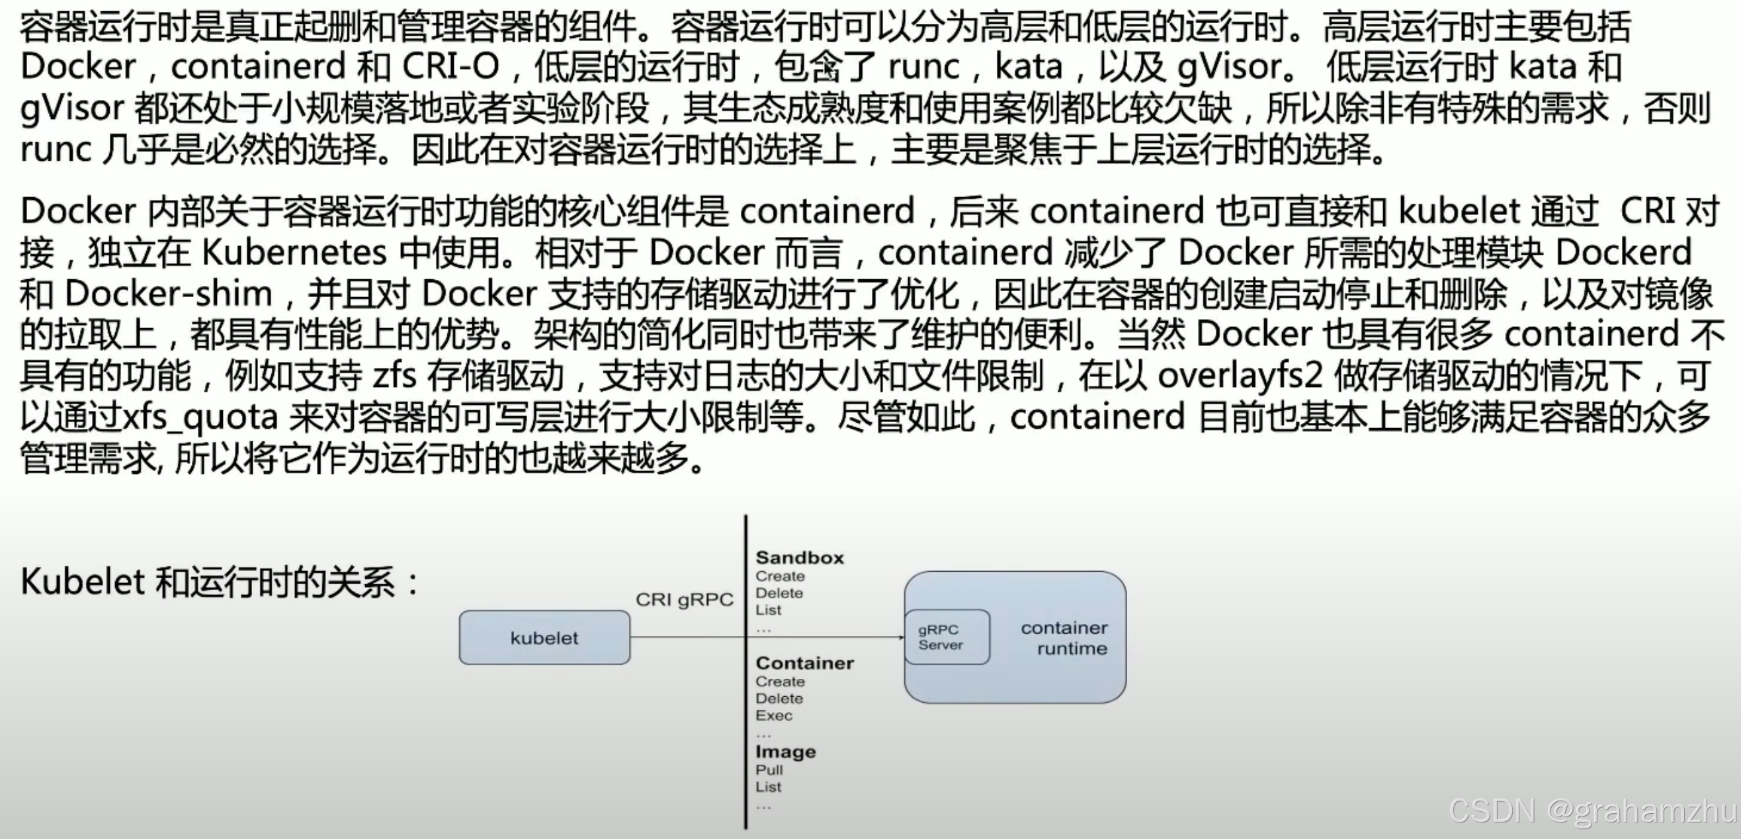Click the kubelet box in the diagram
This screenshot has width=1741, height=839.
[x=544, y=638]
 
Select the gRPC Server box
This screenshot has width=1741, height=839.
[x=946, y=637]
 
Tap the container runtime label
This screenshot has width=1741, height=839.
[x=1065, y=639]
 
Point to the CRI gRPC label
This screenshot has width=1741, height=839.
[x=684, y=599]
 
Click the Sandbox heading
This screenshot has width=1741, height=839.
[x=800, y=558]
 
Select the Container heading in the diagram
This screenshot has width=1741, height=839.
[x=804, y=663]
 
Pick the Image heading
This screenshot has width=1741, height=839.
[x=785, y=752]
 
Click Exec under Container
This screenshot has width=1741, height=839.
[x=774, y=715]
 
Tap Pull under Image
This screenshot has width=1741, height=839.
[x=769, y=770]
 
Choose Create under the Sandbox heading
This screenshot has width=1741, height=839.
[x=780, y=576]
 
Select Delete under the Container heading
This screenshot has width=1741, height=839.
[x=779, y=698]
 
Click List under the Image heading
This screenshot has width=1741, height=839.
[x=769, y=787]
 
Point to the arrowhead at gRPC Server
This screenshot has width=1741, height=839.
[x=900, y=637]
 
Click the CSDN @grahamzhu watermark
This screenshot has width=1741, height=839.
[x=1592, y=811]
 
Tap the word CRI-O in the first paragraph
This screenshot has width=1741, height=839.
[x=451, y=67]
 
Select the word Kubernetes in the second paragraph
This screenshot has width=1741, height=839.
[x=294, y=253]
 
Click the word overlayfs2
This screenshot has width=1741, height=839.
[x=1240, y=376]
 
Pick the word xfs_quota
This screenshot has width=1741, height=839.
[x=200, y=417]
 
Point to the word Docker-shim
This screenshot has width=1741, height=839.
[x=168, y=294]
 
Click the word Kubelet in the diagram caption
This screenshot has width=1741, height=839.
[x=83, y=582]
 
